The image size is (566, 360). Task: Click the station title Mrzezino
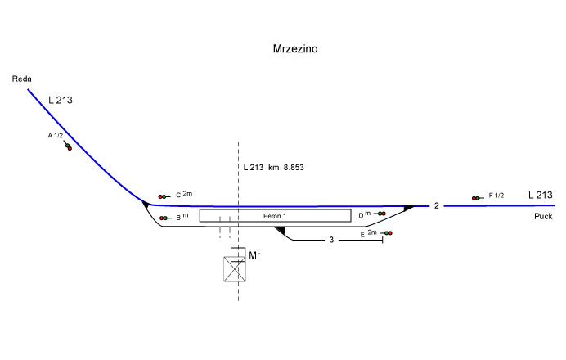point(294,49)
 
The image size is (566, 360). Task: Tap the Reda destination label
point(20,79)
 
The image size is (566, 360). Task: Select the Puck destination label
point(543,217)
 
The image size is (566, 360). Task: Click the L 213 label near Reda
point(61,101)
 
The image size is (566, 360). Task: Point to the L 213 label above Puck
point(541,195)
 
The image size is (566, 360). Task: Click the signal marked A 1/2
point(68,146)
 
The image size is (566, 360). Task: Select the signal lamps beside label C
point(163,196)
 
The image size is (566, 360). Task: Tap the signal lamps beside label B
point(164,218)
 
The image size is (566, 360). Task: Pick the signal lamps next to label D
point(381,214)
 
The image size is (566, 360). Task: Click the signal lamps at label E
point(388,234)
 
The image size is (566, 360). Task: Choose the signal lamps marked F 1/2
point(475,198)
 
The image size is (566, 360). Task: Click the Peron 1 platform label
point(275,216)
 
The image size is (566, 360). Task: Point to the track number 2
point(437,206)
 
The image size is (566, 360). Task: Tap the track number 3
point(331,241)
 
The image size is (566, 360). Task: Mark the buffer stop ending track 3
point(383,241)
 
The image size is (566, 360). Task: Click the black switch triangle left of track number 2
point(408,209)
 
